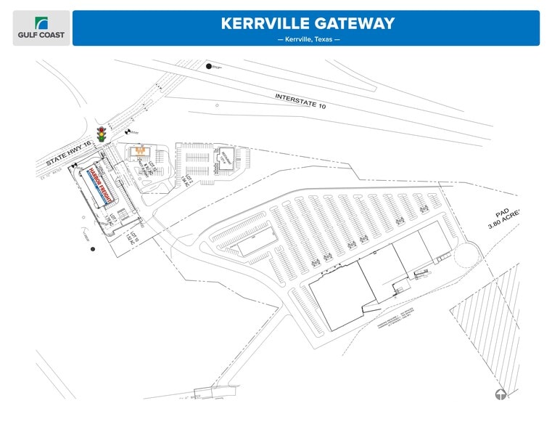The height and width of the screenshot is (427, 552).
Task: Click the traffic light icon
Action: pyautogui.click(x=102, y=134)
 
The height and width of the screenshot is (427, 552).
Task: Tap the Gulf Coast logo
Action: pyautogui.click(x=41, y=28)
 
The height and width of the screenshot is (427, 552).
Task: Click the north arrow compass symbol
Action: pyautogui.click(x=500, y=395)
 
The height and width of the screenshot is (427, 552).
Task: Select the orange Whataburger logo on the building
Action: pyautogui.click(x=138, y=152)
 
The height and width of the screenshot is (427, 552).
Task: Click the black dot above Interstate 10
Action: pyautogui.click(x=209, y=67)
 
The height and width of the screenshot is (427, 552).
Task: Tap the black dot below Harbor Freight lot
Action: pyautogui.click(x=92, y=250)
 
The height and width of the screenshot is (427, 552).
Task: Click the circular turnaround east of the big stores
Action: pyautogui.click(x=469, y=254)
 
